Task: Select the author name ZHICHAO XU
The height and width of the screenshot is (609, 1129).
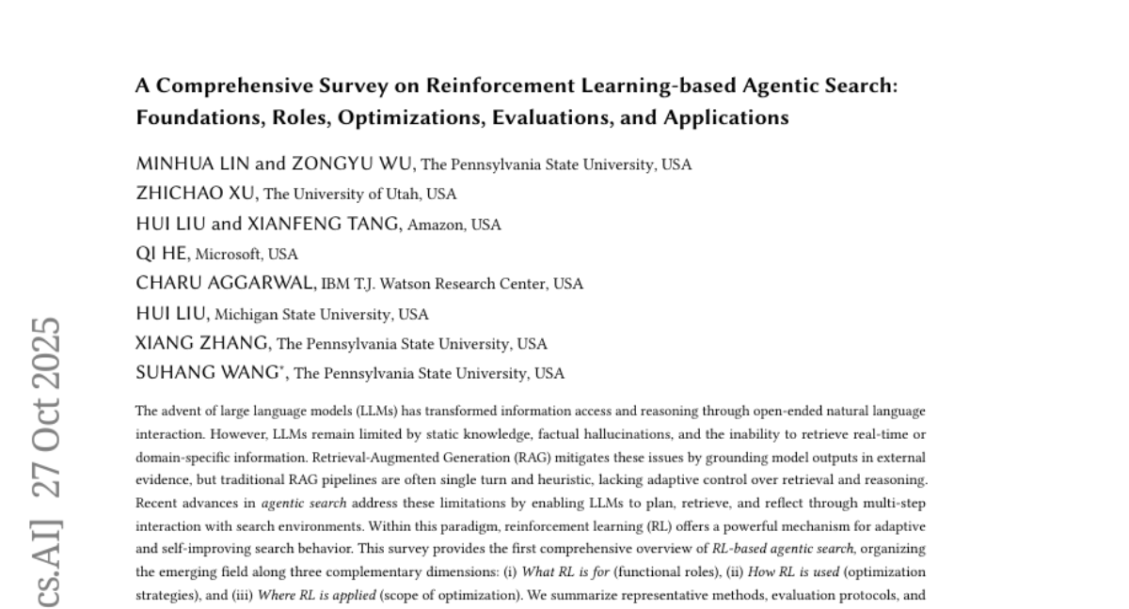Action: click(196, 194)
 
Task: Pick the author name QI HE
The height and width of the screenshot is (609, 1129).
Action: click(162, 254)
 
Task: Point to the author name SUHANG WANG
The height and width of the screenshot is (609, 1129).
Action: click(208, 372)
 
